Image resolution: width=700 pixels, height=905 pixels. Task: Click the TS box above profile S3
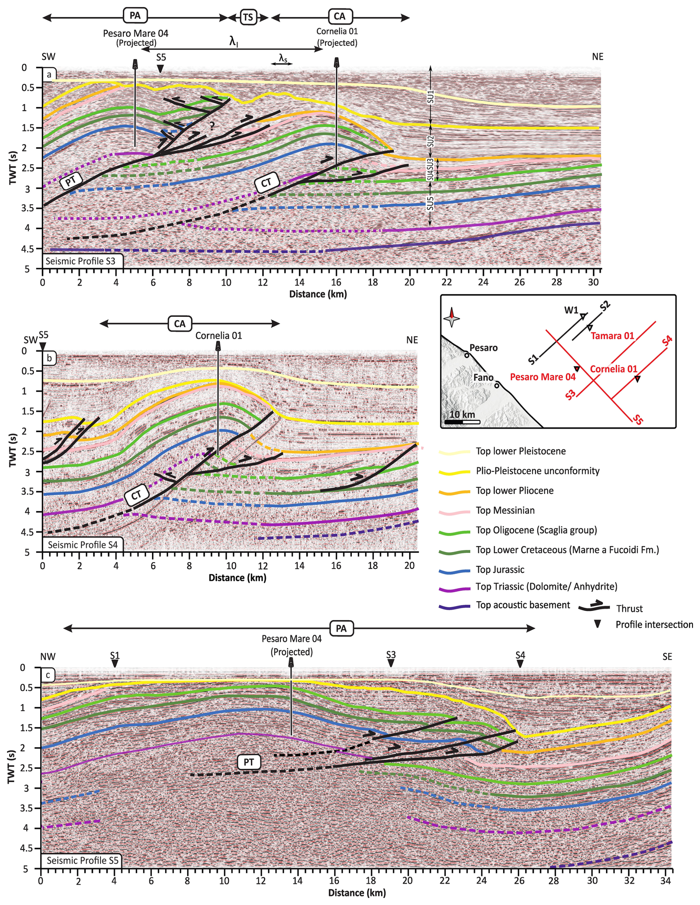click(248, 17)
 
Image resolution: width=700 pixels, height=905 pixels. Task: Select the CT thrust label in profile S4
click(137, 495)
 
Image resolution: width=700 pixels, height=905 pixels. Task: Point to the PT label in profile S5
click(249, 762)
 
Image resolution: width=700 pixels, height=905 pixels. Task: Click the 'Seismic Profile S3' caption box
click(81, 261)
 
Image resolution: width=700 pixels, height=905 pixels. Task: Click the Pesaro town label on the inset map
click(483, 348)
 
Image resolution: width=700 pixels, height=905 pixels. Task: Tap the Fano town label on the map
click(483, 378)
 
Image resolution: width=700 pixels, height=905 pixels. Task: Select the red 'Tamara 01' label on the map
click(612, 336)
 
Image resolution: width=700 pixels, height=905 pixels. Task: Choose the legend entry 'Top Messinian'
click(505, 510)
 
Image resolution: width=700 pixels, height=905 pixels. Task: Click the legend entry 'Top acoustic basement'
click(523, 605)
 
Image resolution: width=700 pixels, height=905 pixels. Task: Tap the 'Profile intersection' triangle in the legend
click(598, 624)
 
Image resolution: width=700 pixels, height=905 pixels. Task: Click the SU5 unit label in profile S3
click(431, 203)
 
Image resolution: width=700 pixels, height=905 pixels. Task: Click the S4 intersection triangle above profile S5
click(520, 664)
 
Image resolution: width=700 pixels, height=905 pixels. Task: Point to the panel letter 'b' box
click(49, 358)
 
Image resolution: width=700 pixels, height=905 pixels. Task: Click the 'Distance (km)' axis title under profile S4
click(237, 578)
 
